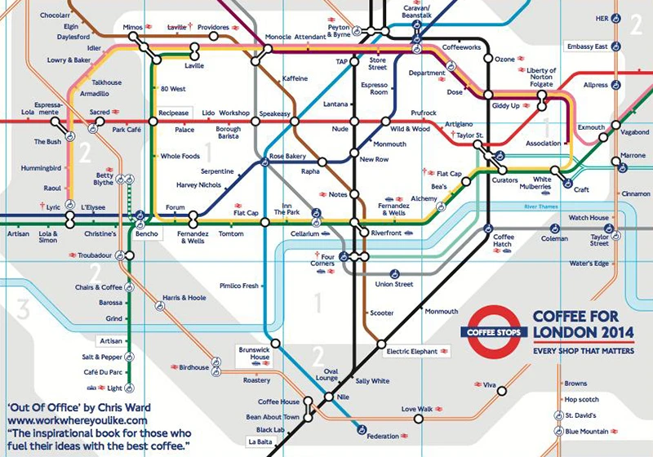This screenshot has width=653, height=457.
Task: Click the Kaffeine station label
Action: click(x=295, y=78)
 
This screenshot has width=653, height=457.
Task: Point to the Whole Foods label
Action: click(x=180, y=156)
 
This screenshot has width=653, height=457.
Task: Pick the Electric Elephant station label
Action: click(x=413, y=351)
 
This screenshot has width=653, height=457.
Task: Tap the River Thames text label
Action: click(x=546, y=208)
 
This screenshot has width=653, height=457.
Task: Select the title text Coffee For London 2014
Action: click(x=585, y=323)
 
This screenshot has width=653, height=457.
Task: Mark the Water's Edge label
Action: click(x=590, y=263)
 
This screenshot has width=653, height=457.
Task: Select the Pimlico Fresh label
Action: click(x=239, y=286)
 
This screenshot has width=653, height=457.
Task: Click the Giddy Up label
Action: click(x=505, y=105)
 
